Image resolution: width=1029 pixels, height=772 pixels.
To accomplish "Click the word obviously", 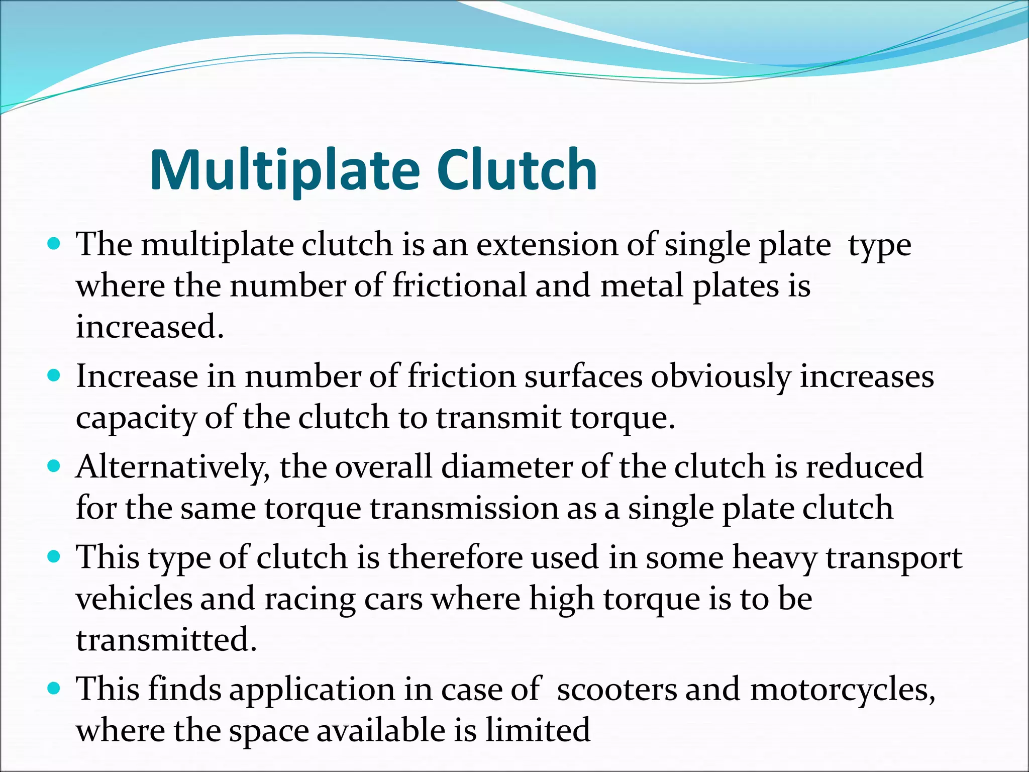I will (x=721, y=377).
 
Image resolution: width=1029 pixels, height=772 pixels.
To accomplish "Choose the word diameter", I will (x=507, y=466).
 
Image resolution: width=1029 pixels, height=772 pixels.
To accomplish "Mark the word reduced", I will (x=864, y=466).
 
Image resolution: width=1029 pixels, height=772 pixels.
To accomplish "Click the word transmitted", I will (x=166, y=640).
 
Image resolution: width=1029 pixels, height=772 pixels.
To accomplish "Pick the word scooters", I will (x=616, y=689).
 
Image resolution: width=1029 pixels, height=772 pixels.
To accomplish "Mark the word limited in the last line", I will (x=538, y=730).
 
